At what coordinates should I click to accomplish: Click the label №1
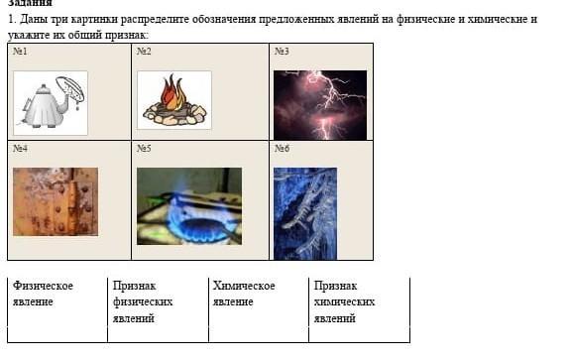click(x=20, y=51)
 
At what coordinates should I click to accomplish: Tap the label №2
click(x=144, y=51)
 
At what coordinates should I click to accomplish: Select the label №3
click(x=282, y=51)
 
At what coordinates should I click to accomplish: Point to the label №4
click(x=20, y=149)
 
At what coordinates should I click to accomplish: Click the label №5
click(x=144, y=149)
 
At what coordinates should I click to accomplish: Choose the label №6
click(x=282, y=149)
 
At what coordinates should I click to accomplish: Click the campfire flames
click(x=174, y=92)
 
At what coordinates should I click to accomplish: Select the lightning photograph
click(x=320, y=105)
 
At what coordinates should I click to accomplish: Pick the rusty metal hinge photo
click(x=56, y=201)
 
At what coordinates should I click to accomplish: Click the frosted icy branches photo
click(x=305, y=213)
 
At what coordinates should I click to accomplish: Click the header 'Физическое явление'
click(x=43, y=294)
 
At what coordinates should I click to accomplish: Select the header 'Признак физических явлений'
click(x=143, y=301)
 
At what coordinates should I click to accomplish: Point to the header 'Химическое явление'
click(x=244, y=294)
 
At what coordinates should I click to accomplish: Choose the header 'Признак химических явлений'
click(x=345, y=301)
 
